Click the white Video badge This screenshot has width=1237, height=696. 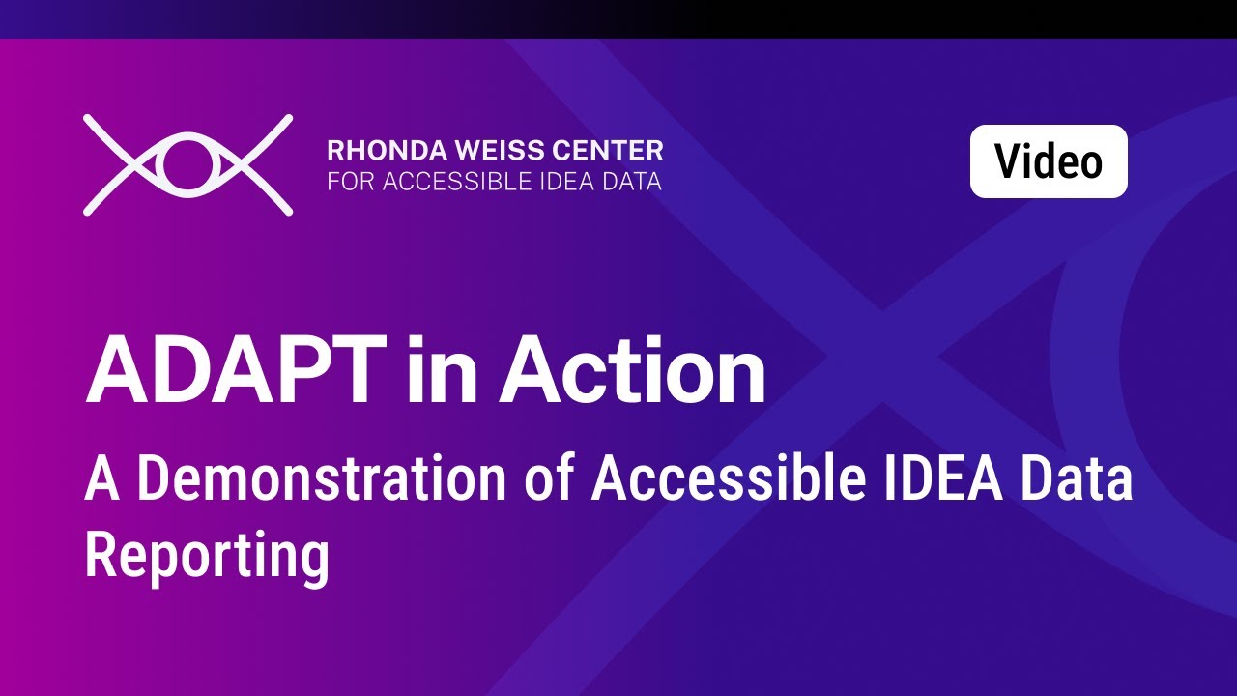point(1049,161)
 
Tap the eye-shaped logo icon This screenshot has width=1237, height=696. point(187,164)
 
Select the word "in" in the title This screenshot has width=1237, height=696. point(439,372)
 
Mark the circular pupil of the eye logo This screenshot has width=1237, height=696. point(187,164)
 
